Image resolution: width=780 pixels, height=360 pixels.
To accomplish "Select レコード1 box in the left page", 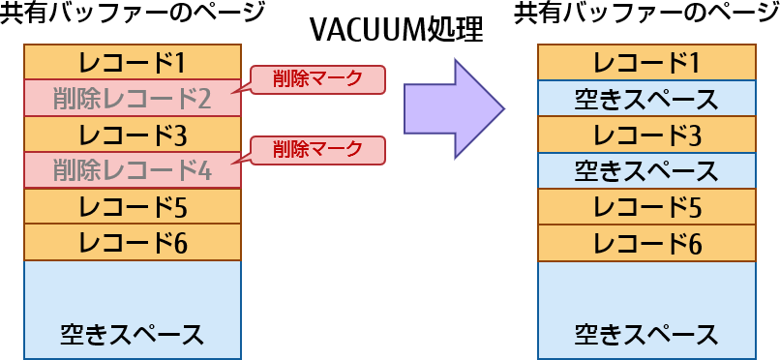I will pos(133,62).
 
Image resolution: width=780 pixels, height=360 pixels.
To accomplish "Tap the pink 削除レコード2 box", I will pos(133,98).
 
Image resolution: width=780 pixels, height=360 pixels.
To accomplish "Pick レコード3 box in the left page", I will pos(133,134).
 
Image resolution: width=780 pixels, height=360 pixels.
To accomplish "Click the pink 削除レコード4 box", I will pos(133,170).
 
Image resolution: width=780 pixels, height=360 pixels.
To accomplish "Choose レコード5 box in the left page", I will pos(133,206).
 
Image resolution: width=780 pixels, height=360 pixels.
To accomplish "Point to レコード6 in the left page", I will pos(133,242).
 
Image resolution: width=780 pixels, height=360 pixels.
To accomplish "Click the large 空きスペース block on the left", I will pos(133,309).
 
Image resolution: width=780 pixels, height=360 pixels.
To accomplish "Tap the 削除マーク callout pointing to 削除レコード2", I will pos(317,79).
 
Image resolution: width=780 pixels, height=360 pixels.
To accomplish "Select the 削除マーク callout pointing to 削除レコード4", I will pos(317,150).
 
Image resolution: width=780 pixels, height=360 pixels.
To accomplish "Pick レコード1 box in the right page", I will pos(646,62).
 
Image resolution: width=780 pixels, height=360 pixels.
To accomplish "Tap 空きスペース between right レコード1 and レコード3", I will pos(646,98).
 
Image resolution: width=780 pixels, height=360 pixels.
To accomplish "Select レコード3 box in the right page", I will pos(646,134).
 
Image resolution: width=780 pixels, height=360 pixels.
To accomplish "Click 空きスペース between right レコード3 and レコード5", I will pos(646,170).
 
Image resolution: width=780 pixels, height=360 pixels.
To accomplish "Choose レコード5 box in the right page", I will pos(646,206).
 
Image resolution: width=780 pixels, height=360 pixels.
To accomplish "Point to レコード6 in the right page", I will pos(646,242).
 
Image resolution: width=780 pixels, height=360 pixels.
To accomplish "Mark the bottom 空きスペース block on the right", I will pos(646,309).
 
